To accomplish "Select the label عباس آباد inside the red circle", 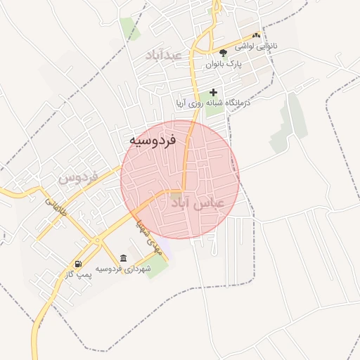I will (198, 202).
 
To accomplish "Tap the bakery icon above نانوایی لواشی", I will (256, 35).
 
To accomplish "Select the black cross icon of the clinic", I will (213, 92).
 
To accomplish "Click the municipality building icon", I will (124, 258).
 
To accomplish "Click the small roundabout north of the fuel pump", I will (96, 240).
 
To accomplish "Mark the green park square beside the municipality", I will (157, 265).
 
